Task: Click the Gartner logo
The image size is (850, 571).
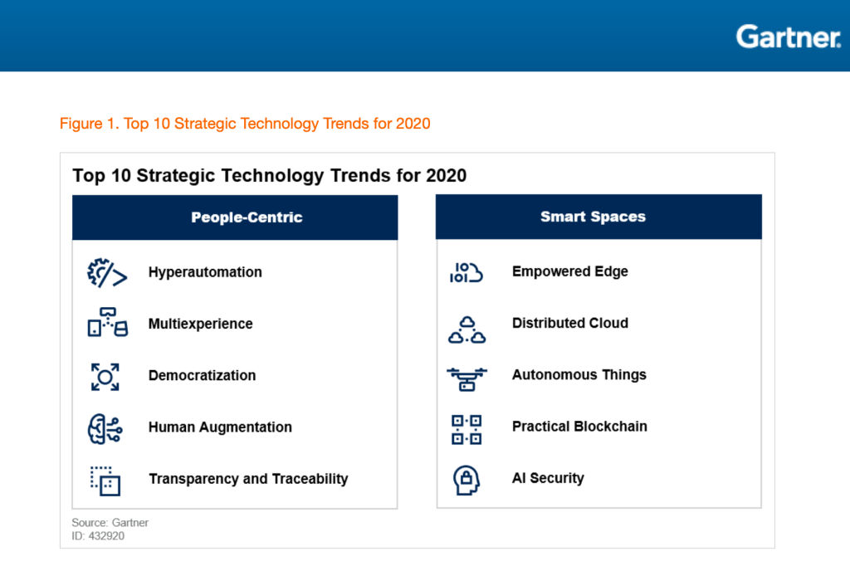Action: point(788,37)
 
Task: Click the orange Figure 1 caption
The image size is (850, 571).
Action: point(245,124)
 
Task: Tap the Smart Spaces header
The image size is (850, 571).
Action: point(593,217)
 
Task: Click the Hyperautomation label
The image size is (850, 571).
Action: point(205,272)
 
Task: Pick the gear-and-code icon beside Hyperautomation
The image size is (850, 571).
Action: point(107,273)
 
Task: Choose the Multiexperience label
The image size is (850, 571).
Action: point(200,324)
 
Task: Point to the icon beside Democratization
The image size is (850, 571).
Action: point(105,377)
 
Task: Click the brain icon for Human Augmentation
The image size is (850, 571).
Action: point(105,428)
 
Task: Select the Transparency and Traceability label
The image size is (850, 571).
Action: point(248,479)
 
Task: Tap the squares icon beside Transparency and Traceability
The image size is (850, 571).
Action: point(105,481)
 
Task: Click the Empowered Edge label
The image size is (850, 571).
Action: point(569,271)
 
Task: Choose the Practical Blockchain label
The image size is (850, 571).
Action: point(579,427)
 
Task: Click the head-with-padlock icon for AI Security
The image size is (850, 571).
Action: point(467,480)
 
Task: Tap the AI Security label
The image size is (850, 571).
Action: point(548,478)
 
